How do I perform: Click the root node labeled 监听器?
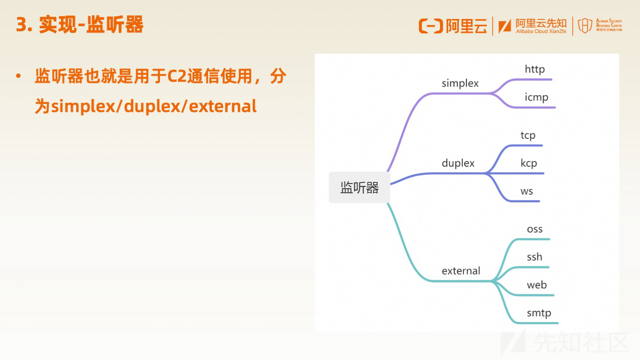359,187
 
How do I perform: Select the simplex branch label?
460,83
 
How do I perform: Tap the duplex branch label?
458,163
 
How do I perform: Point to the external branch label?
461,271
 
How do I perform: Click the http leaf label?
535,69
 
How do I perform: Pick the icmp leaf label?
537,97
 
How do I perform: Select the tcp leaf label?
528,136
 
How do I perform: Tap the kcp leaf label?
529,164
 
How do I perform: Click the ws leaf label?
527,191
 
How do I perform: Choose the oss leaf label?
535,229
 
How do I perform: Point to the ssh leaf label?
535,256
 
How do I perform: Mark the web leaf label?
537,285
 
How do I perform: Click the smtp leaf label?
539,313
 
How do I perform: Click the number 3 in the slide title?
22,25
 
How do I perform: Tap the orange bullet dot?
18,76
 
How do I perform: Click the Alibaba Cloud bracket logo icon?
431,26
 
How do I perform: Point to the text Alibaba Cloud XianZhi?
541,32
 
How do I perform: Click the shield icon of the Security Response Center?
585,26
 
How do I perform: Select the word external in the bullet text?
223,106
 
